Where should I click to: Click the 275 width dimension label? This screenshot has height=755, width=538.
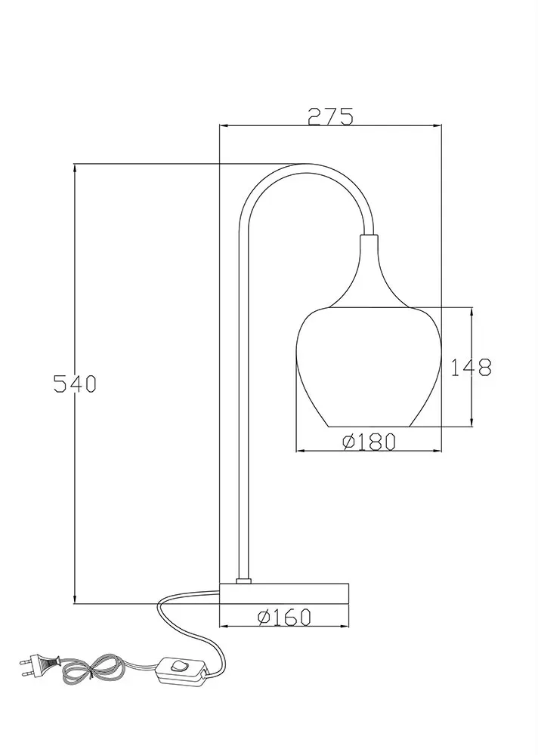(x=331, y=116)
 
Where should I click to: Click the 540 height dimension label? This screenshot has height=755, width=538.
(x=75, y=384)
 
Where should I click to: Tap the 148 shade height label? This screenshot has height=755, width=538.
(x=471, y=368)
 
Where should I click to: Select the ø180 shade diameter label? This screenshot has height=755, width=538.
(x=369, y=442)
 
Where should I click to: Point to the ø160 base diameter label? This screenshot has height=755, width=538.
(x=284, y=617)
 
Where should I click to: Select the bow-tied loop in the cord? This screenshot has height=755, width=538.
(x=92, y=670)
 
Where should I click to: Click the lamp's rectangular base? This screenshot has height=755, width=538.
(x=284, y=593)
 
